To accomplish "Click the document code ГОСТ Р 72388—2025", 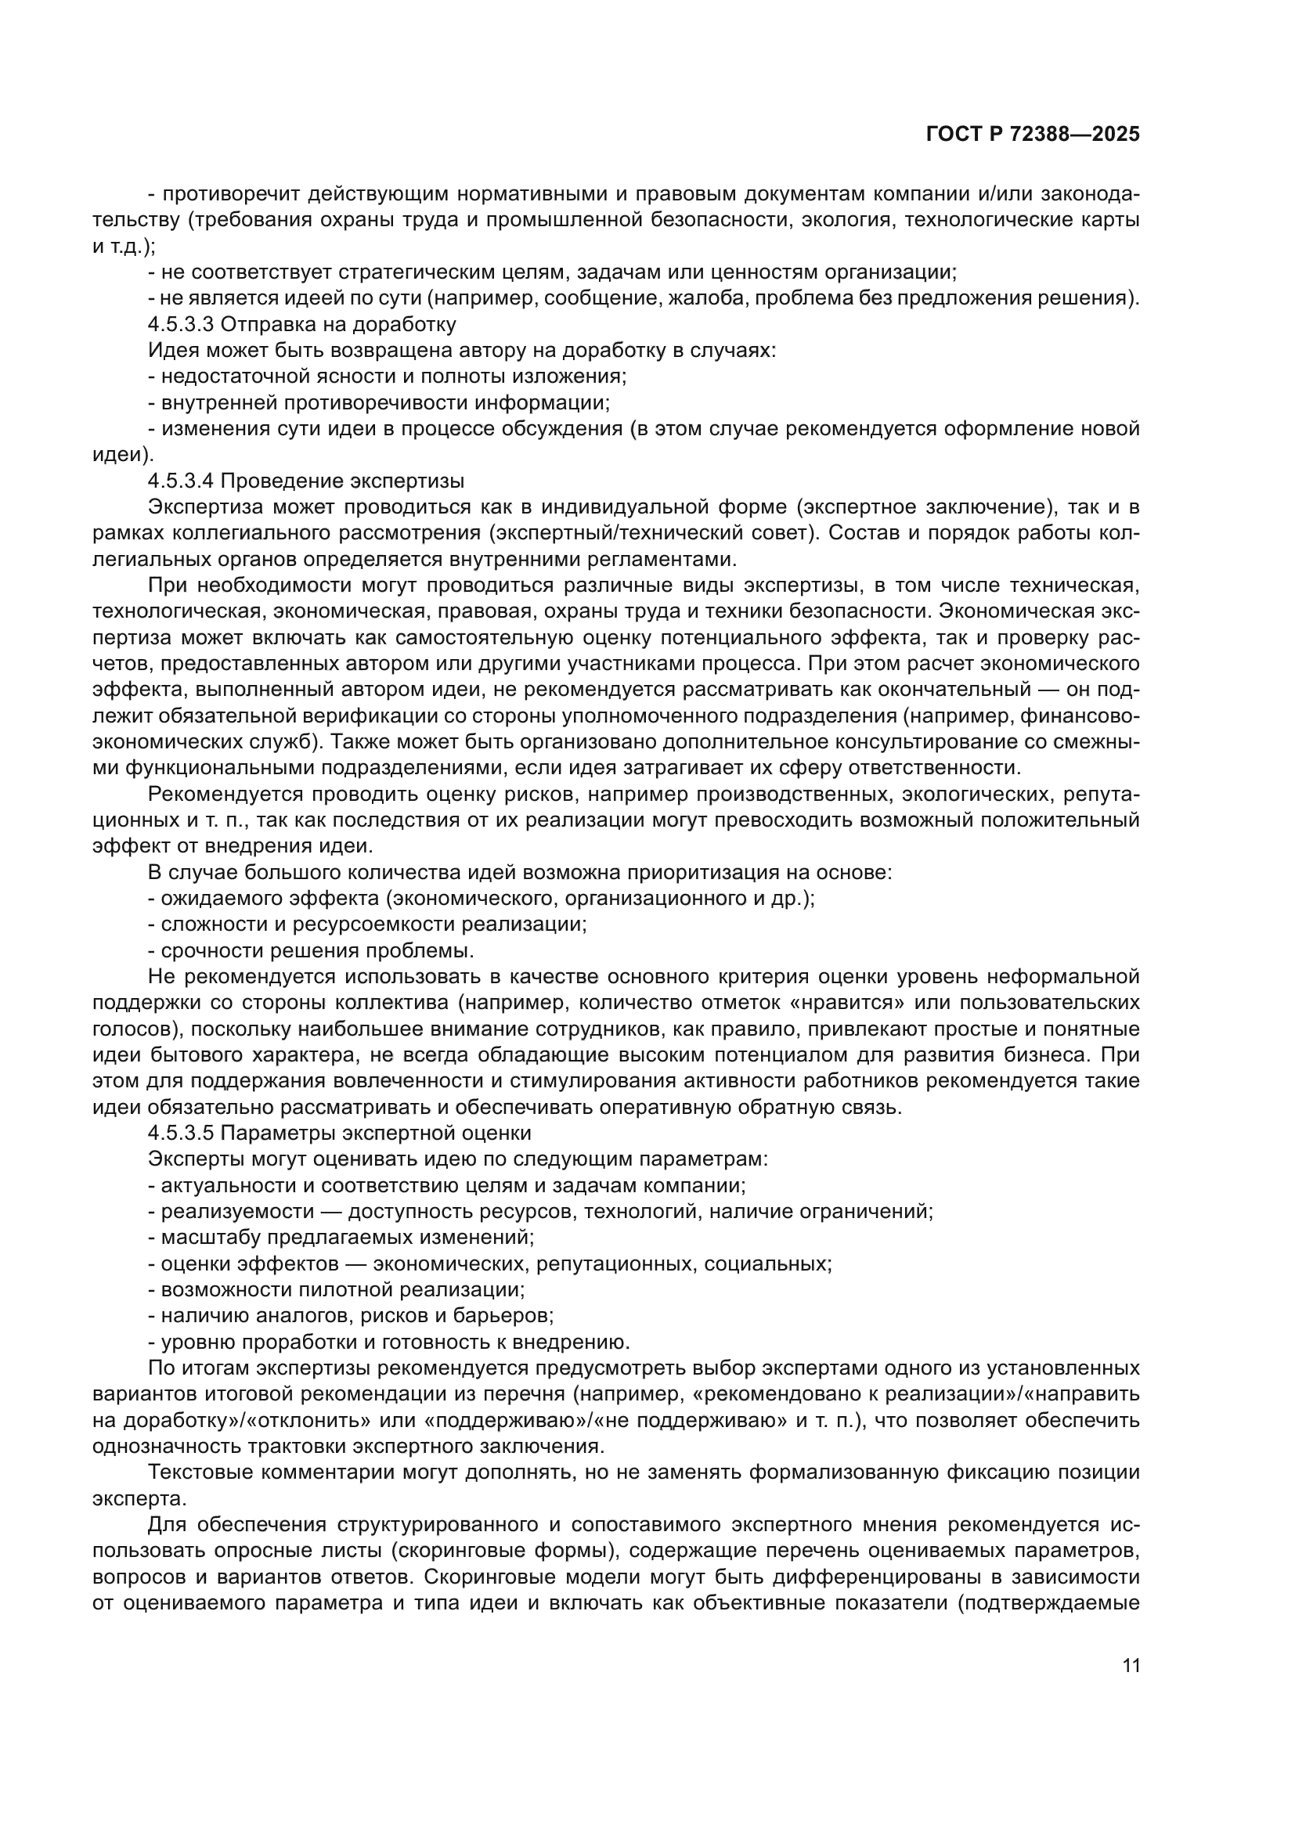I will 1032,134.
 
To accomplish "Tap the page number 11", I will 1131,1666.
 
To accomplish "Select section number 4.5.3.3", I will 181,325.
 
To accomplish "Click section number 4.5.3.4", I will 181,481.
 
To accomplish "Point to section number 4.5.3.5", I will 181,1134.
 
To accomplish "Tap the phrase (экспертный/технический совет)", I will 653,534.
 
